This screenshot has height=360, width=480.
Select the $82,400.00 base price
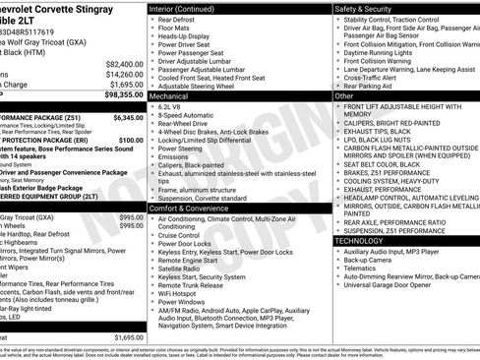point(123,63)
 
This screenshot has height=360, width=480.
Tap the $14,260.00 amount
point(123,74)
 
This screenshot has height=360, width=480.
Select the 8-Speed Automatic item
point(189,117)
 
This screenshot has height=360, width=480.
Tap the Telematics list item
point(363,268)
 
